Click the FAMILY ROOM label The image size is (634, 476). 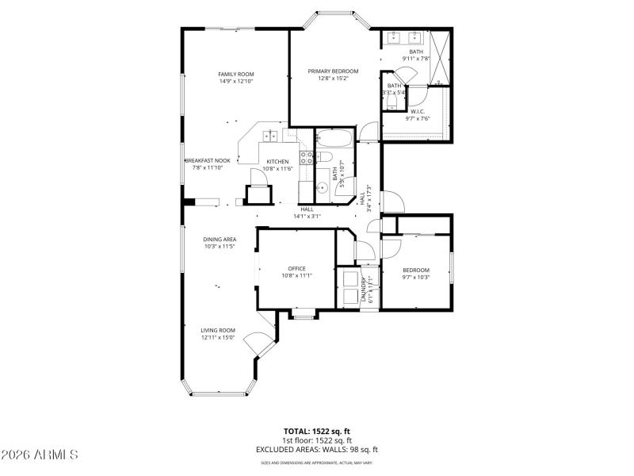(x=241, y=74)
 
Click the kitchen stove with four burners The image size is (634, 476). (x=306, y=156)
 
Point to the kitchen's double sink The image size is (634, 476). (x=270, y=136)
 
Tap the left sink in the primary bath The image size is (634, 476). (x=394, y=37)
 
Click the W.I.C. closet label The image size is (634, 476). (x=417, y=112)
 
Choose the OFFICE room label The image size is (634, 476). (x=296, y=268)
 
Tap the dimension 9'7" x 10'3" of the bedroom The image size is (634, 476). (x=416, y=277)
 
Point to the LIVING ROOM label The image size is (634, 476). (x=217, y=330)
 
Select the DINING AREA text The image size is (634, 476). (x=219, y=240)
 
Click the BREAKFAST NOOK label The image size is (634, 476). (x=208, y=160)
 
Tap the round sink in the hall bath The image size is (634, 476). (x=323, y=188)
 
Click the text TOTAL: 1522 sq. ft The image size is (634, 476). (x=316, y=432)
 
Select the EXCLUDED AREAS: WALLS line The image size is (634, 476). (x=316, y=449)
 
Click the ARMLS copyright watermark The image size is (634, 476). (x=40, y=455)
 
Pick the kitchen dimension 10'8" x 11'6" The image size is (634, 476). (x=277, y=168)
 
